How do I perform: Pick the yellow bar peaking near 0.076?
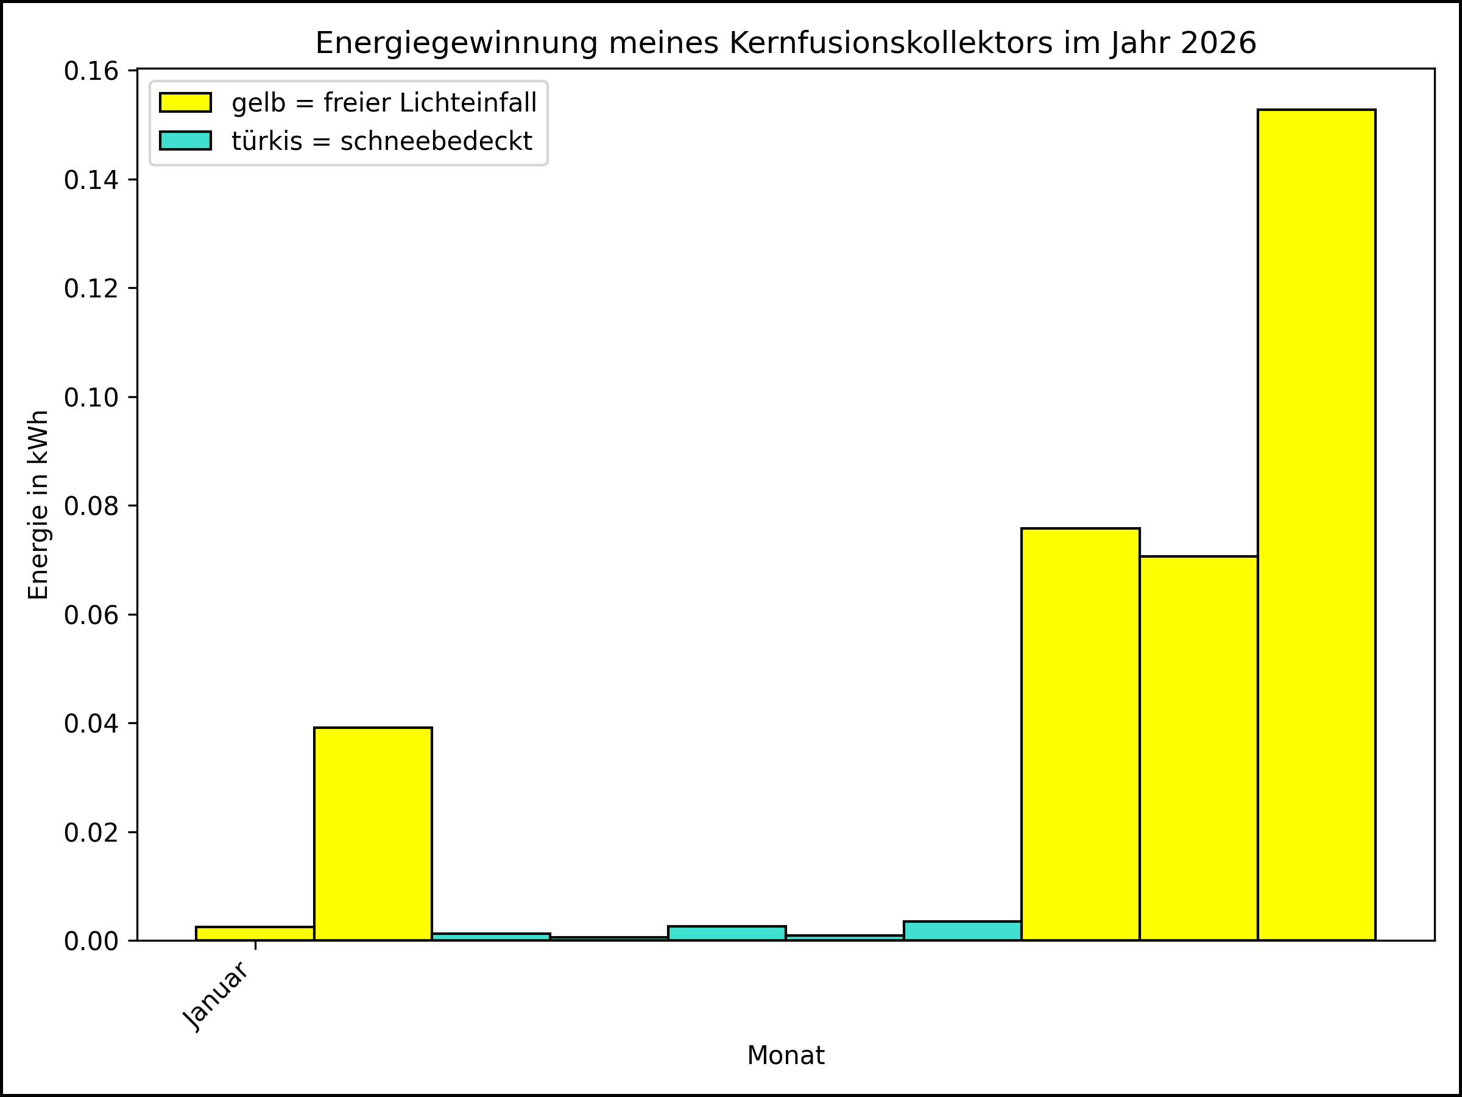[x=1080, y=734]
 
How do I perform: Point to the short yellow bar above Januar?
[x=255, y=933]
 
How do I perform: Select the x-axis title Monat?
[x=785, y=1056]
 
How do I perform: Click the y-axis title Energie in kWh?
[x=38, y=505]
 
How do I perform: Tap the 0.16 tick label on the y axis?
[x=91, y=71]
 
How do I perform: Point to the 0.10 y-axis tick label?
[x=91, y=397]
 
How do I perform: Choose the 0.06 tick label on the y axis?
[x=91, y=615]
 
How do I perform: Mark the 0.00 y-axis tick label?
[x=91, y=941]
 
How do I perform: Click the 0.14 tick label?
[x=91, y=180]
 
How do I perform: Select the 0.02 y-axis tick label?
[x=91, y=833]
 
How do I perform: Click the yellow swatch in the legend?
[x=185, y=102]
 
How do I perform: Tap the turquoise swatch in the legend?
[x=185, y=141]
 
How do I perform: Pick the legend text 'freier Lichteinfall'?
[x=429, y=103]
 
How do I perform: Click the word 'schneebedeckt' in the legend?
[x=436, y=141]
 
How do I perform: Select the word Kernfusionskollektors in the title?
[x=891, y=44]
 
